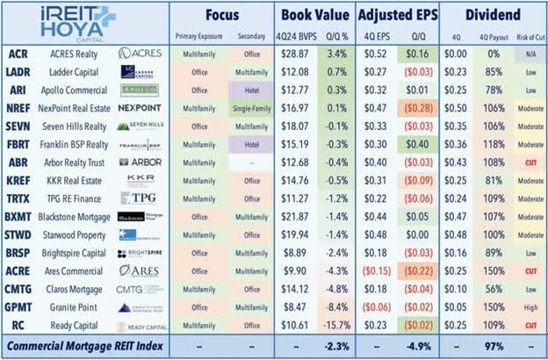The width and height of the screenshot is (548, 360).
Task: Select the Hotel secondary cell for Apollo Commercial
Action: [249, 89]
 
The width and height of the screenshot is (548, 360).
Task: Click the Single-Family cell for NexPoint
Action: [249, 107]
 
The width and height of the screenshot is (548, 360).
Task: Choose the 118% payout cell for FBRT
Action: [493, 143]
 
